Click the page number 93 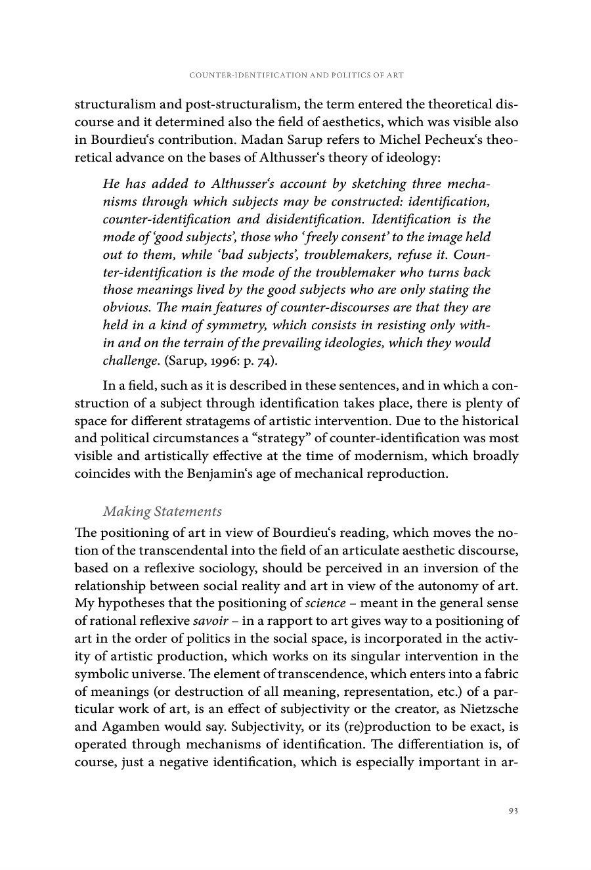(514, 811)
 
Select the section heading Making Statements (162, 511)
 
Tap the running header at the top (295, 76)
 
